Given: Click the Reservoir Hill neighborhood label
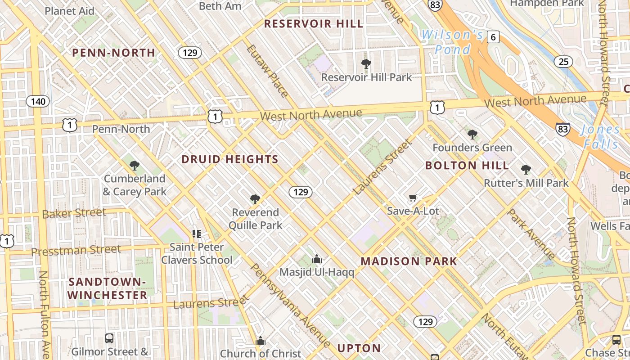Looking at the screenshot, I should point(313,24).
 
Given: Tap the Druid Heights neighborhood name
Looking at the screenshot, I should point(230,159).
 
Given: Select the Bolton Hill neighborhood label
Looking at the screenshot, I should point(467,165).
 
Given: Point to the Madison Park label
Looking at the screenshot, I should point(409,261).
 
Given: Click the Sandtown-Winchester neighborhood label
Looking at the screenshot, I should point(108,288).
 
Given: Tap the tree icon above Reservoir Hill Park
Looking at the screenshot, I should point(366,64).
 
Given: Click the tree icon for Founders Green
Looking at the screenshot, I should point(472,134).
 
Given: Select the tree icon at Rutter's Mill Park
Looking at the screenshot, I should point(526,170).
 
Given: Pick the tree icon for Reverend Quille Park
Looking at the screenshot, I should point(255,199).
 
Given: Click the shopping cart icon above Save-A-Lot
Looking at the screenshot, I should point(413,198).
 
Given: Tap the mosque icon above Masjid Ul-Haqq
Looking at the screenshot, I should point(317,259).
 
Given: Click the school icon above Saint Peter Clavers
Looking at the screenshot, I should point(197,234).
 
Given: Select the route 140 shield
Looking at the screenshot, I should point(38,101).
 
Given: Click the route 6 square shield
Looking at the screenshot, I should point(493,37).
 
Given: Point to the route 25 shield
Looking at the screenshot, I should point(563,61).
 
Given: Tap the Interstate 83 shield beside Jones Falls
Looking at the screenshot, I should point(562,129).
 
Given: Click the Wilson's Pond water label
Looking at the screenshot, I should point(452,42).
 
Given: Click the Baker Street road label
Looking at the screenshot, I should point(74,213).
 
